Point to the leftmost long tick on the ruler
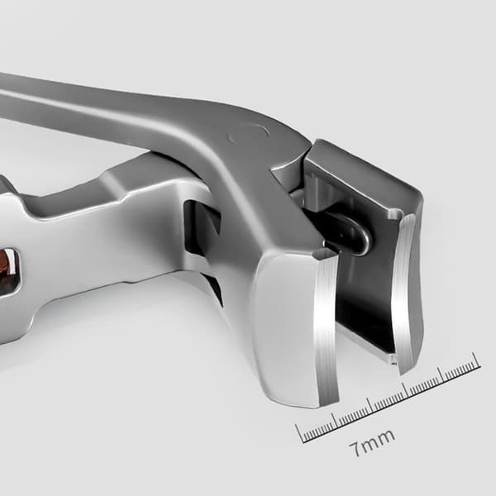pos(300,433)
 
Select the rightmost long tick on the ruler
pos(477,360)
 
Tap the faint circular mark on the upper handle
pos(249,134)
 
